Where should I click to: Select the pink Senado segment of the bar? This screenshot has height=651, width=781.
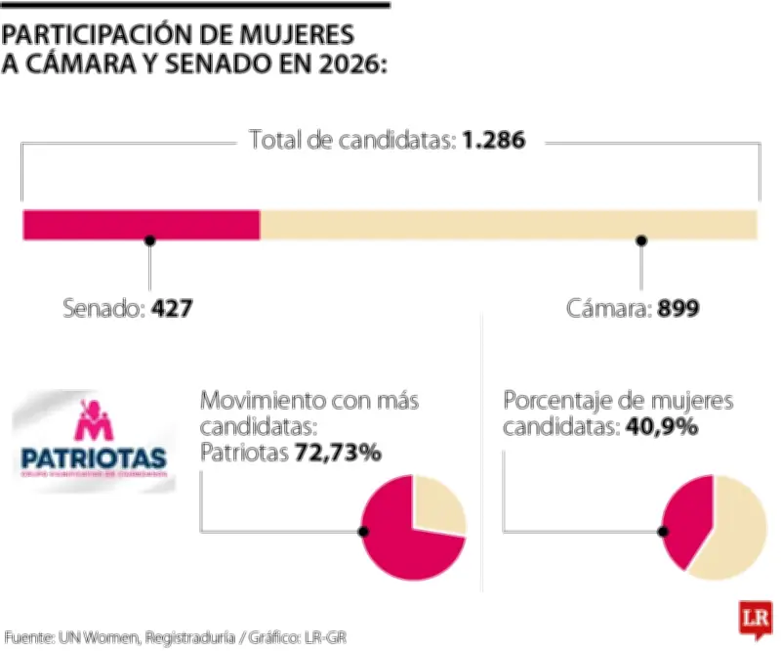(141, 224)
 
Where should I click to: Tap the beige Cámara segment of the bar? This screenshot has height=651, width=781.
(508, 224)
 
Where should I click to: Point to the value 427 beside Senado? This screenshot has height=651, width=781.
(172, 310)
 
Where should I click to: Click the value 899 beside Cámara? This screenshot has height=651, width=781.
(678, 310)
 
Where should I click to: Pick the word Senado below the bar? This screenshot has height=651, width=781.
(103, 310)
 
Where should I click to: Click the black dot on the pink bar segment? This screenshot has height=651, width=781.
(149, 239)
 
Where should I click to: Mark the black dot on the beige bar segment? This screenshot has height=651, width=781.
(641, 239)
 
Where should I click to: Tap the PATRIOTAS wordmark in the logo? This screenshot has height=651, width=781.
(93, 456)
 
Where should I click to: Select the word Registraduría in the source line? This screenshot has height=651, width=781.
(189, 637)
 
